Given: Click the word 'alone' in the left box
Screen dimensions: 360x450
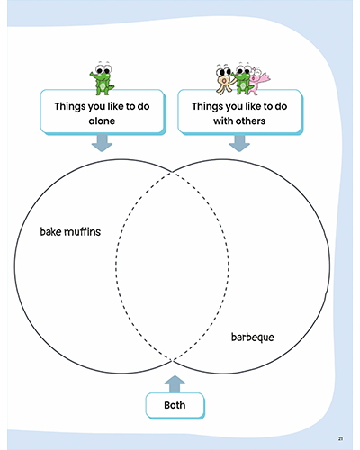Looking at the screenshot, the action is click(x=102, y=121).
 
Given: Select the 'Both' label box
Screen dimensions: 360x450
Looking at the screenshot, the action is click(x=175, y=405).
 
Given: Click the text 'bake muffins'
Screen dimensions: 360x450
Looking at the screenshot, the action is click(x=70, y=231).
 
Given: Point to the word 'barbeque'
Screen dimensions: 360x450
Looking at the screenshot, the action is click(x=253, y=337).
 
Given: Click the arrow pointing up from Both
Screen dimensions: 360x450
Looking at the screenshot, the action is click(x=175, y=384).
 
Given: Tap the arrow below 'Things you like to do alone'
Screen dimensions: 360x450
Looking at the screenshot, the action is click(x=102, y=143).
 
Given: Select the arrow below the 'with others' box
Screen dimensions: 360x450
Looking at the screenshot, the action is click(x=239, y=143).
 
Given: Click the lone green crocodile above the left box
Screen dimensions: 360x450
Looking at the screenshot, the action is click(x=103, y=78).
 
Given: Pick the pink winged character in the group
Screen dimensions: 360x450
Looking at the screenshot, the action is click(x=258, y=80).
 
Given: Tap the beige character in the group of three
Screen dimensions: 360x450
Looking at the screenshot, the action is click(x=224, y=80).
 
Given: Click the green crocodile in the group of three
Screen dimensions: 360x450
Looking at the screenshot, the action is click(x=242, y=79).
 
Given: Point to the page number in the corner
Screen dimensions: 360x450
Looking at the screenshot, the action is click(x=340, y=438).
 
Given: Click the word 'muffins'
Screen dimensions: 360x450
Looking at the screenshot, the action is click(x=83, y=231).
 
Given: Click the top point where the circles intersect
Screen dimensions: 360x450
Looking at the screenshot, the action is click(x=172, y=172).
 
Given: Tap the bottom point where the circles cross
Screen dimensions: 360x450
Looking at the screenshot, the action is click(x=172, y=360).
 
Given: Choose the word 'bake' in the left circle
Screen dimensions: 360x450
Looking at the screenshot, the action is click(x=50, y=231).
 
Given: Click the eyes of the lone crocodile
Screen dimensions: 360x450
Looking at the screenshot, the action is click(x=103, y=68).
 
